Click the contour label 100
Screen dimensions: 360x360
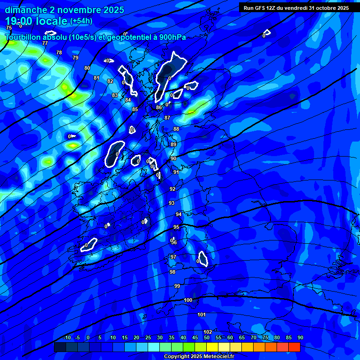(188, 300)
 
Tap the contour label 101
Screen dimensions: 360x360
(202, 315)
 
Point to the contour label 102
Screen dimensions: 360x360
(208, 332)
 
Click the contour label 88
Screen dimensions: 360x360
(176, 129)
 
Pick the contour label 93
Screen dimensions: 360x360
(172, 203)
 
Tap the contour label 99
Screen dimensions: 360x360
(177, 286)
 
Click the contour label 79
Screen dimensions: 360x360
(75, 58)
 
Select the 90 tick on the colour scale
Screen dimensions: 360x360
(300, 337)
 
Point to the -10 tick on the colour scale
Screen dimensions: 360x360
(67, 337)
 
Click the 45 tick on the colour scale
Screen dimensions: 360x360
(195, 337)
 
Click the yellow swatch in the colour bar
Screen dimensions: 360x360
(212, 347)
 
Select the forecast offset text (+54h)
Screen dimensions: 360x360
(81, 21)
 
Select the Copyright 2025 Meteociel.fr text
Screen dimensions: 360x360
(199, 356)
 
